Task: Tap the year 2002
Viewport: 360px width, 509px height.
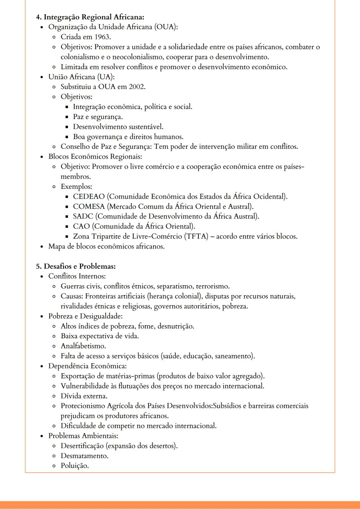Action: pos(137,87)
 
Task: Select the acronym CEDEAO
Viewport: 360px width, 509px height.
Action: pos(89,197)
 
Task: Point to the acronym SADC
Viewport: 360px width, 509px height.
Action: pos(83,217)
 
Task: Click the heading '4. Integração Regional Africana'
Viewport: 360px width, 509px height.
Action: pos(90,17)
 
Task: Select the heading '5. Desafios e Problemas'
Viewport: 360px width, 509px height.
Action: pos(76,266)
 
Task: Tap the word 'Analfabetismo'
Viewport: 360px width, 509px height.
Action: pos(83,346)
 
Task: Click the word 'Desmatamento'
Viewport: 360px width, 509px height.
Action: pos(84,456)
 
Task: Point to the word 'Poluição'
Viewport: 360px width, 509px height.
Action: pos(75,466)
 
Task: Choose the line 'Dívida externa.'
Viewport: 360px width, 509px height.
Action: pos(84,396)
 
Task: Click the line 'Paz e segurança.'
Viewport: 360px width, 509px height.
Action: pos(98,117)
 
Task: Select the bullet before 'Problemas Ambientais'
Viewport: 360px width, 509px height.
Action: pos(42,436)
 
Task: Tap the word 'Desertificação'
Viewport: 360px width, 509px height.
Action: pos(82,446)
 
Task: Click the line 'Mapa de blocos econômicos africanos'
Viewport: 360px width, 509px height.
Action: pos(106,247)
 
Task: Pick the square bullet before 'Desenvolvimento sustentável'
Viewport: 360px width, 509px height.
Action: pos(66,127)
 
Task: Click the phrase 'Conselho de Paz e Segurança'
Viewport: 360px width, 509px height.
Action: pos(106,147)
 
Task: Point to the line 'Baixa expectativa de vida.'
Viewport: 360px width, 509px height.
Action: pos(100,336)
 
